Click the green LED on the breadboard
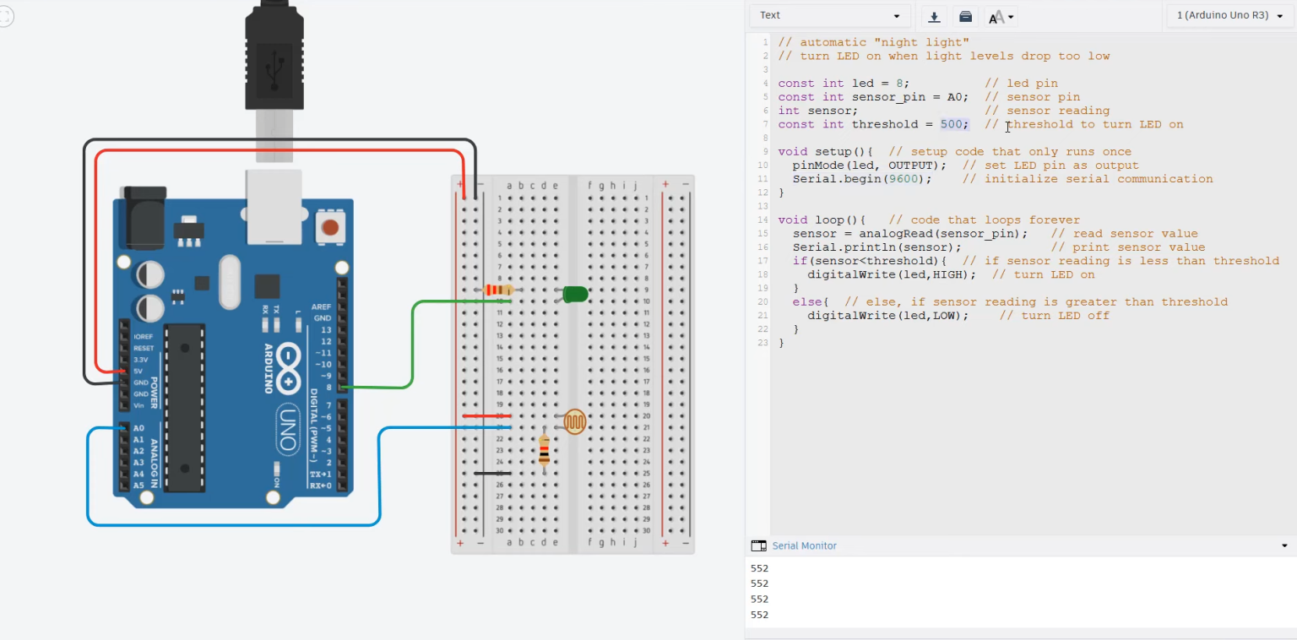point(574,294)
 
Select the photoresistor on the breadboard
point(574,421)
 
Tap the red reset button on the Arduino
point(330,227)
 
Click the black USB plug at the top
point(274,56)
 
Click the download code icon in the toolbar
point(934,17)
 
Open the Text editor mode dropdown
point(829,16)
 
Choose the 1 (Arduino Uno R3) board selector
point(1229,16)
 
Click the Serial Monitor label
point(804,545)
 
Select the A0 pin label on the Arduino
point(138,428)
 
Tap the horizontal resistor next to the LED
point(498,290)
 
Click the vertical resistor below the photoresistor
point(544,451)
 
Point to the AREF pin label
point(322,306)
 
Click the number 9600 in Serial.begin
point(904,179)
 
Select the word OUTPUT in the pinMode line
point(910,165)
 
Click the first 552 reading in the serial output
point(759,568)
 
